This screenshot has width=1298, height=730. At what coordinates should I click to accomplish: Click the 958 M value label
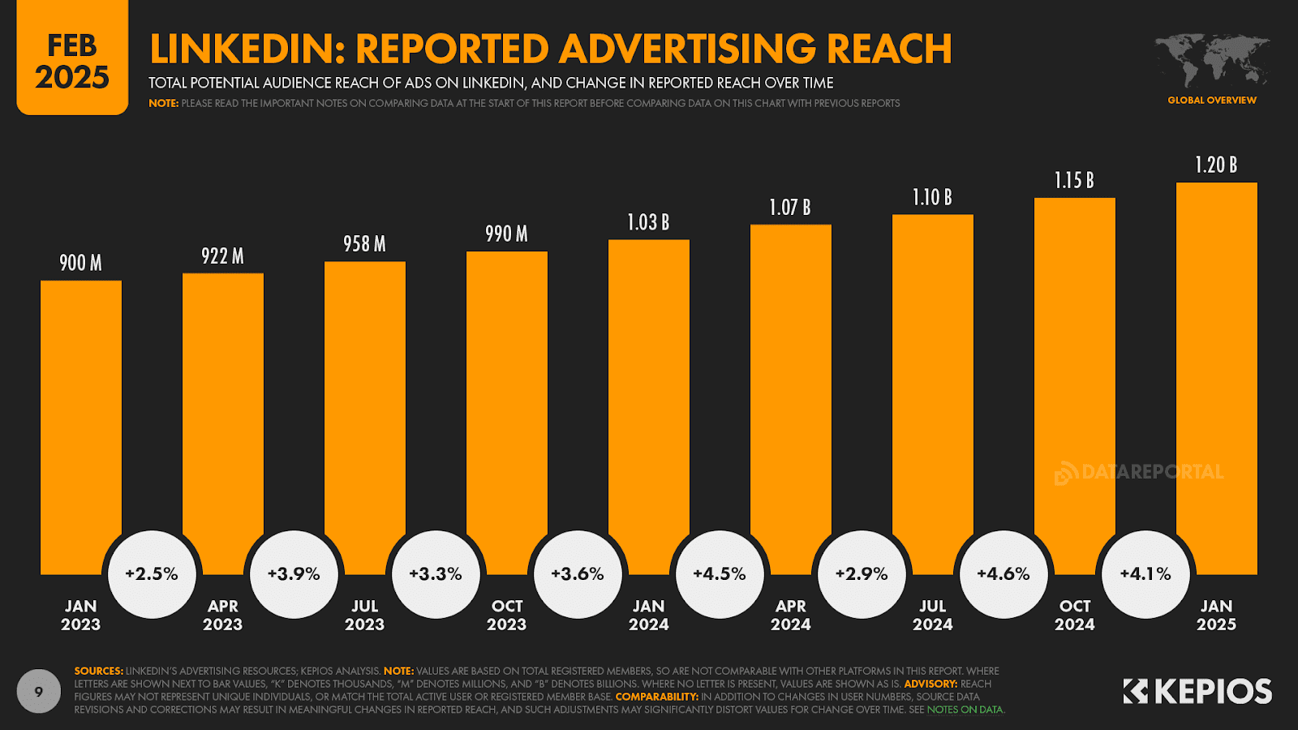(x=364, y=244)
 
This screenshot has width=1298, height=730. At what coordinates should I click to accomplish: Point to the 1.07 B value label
(x=790, y=208)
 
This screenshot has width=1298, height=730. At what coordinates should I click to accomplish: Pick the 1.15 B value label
(x=1074, y=180)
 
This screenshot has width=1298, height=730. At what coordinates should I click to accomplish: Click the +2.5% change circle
(x=152, y=574)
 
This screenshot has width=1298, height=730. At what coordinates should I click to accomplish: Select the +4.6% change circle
(x=1004, y=574)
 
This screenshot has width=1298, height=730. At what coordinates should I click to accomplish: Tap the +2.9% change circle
(x=862, y=574)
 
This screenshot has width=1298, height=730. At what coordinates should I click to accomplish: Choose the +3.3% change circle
(x=436, y=574)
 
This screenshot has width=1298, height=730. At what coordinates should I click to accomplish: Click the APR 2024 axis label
(x=791, y=616)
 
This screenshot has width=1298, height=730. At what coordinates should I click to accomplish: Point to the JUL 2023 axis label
(x=364, y=616)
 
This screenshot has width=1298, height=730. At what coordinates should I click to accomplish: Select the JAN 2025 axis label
(x=1216, y=616)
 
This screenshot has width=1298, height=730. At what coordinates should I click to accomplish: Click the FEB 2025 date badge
(x=72, y=61)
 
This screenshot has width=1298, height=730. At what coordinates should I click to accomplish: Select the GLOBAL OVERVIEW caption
(x=1212, y=101)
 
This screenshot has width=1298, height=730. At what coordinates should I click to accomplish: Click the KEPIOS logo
(x=1197, y=692)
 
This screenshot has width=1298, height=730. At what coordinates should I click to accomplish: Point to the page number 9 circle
(x=39, y=692)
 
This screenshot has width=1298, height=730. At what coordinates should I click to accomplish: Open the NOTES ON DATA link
(x=965, y=710)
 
